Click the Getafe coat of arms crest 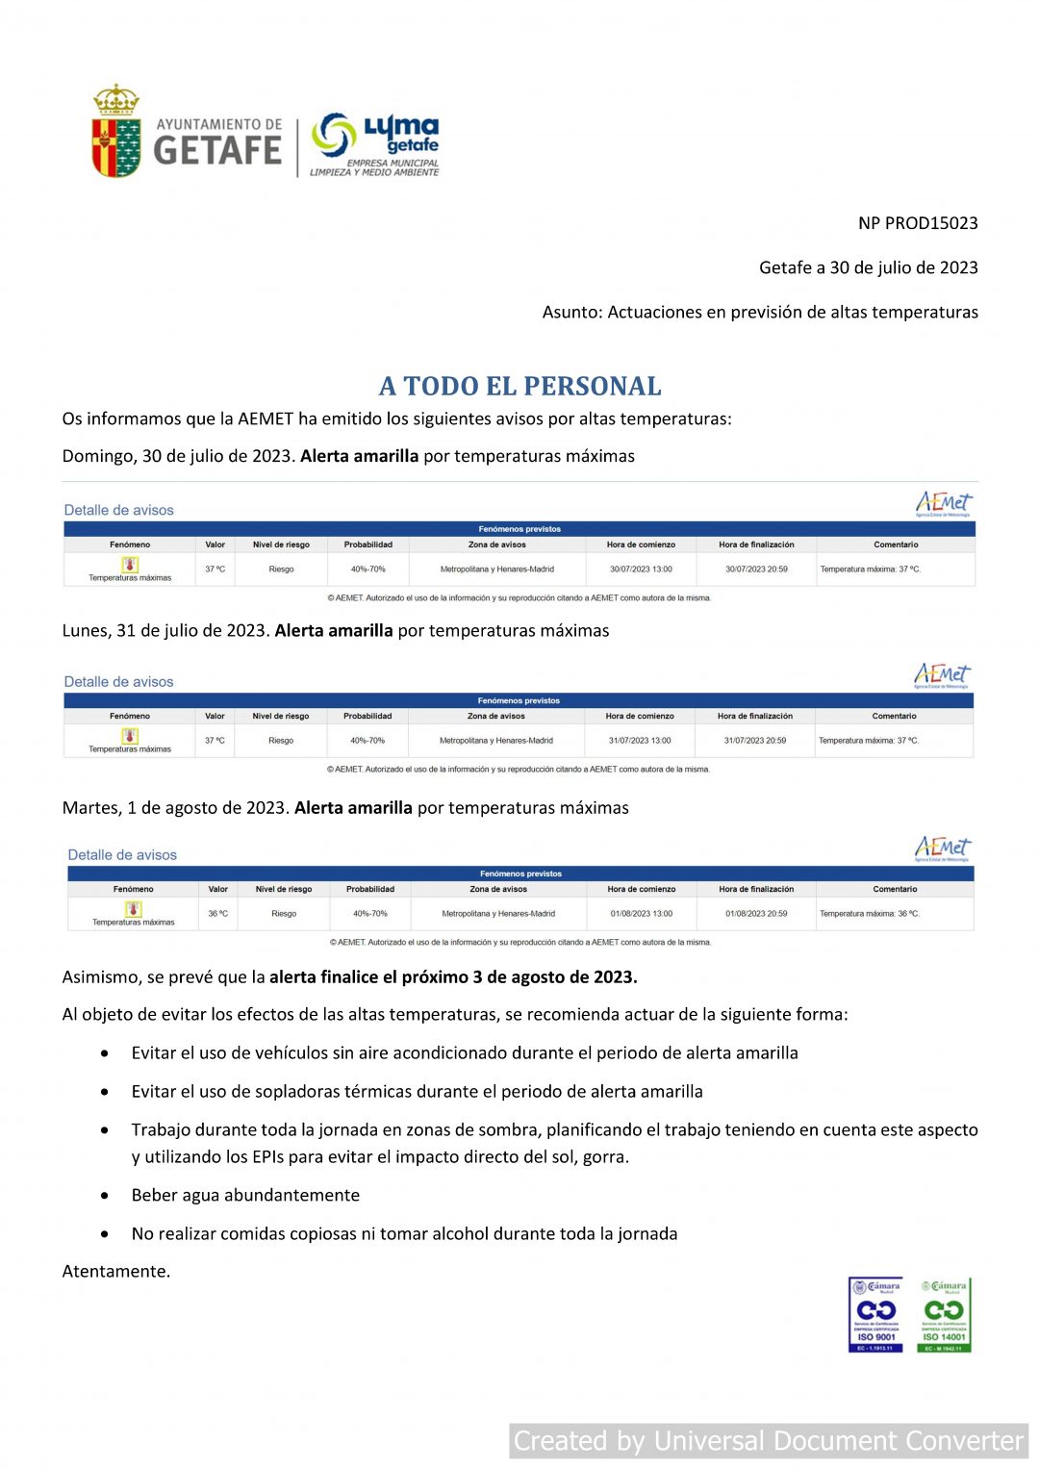click(x=116, y=133)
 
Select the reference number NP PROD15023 click(x=918, y=223)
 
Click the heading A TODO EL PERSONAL click(x=519, y=387)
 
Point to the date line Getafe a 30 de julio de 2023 click(x=868, y=267)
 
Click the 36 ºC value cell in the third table click(x=218, y=914)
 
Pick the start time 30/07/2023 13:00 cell click(x=641, y=570)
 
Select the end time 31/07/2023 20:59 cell click(x=755, y=741)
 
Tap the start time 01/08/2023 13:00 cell click(x=642, y=914)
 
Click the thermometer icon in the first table click(x=130, y=565)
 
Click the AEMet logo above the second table click(x=942, y=674)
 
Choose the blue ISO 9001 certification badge click(x=875, y=1314)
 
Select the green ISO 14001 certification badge click(x=944, y=1314)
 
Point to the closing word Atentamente click(x=116, y=1272)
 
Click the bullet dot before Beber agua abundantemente click(x=105, y=1196)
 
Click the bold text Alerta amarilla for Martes click(x=353, y=808)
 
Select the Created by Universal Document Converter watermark click(x=768, y=1441)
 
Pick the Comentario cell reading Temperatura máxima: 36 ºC click(x=870, y=914)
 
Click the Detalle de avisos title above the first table click(x=119, y=511)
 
